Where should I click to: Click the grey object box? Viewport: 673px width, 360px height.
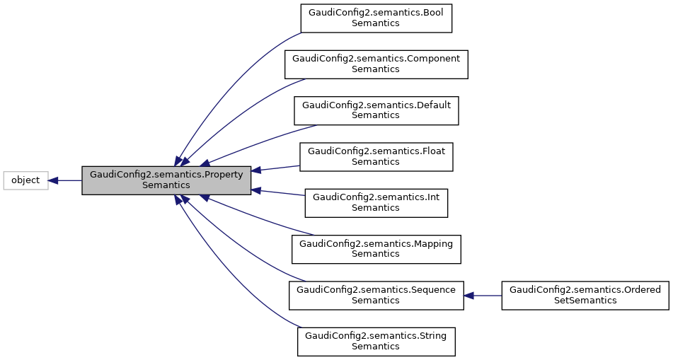[25, 180]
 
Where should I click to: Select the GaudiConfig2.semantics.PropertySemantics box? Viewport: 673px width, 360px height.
[166, 180]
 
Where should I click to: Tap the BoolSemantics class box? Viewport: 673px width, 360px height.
[376, 18]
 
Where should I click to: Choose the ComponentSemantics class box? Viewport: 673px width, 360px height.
[376, 64]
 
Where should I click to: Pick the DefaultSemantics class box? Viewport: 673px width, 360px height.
[376, 110]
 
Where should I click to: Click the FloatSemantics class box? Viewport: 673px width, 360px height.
[376, 157]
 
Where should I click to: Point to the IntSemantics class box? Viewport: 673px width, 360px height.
[376, 203]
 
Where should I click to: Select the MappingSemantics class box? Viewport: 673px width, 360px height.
[376, 249]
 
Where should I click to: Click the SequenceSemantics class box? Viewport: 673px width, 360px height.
[376, 295]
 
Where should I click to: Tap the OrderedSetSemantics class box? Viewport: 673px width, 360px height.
[585, 295]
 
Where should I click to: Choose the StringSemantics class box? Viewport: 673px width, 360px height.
[376, 342]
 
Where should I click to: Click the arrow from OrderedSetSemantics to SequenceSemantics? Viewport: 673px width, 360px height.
[485, 295]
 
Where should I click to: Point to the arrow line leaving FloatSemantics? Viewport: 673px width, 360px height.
[280, 168]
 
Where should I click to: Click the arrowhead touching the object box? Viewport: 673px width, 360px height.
[53, 180]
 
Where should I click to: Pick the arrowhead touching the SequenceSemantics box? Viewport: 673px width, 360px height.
[469, 295]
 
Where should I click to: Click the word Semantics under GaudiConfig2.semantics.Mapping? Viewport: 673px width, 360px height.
[376, 254]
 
